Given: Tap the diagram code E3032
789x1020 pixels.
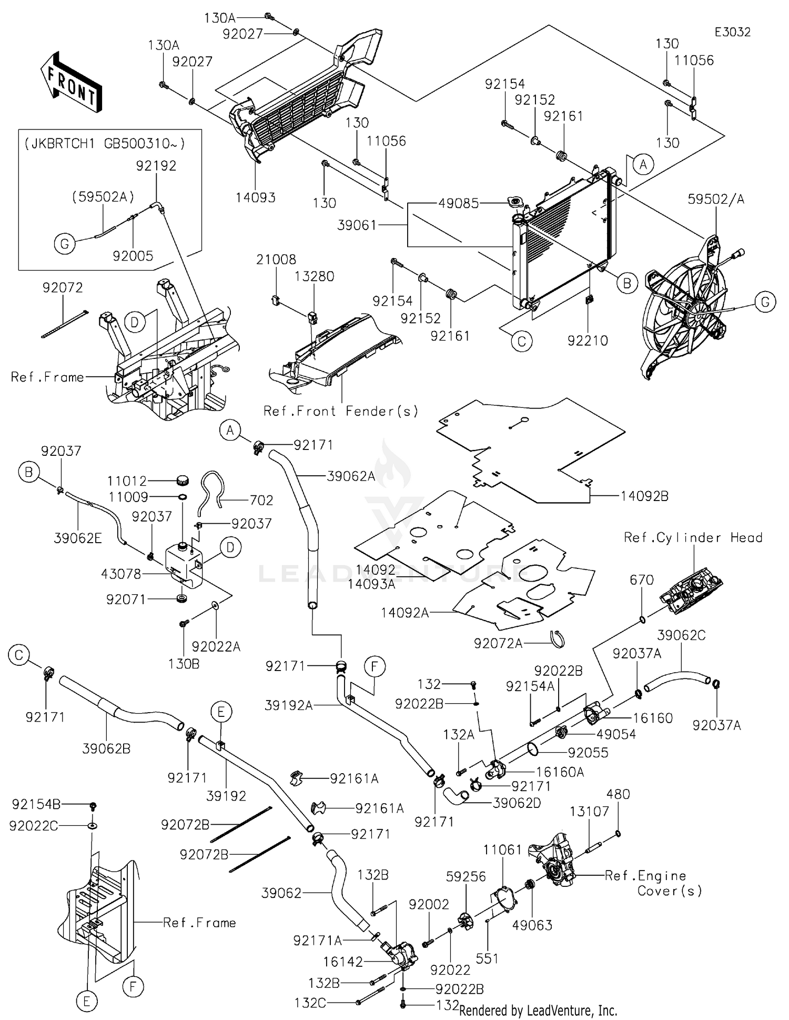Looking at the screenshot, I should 732,32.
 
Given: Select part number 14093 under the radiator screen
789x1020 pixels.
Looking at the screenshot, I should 256,197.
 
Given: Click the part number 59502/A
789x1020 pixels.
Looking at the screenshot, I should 716,199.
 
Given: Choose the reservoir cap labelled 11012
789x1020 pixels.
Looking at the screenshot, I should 182,480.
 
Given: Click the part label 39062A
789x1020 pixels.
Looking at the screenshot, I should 351,476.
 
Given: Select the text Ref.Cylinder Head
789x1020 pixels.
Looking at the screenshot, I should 693,537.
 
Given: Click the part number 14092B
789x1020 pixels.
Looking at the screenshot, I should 644,496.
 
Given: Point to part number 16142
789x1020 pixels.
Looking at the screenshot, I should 343,962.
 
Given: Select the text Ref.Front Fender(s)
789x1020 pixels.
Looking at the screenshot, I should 341,411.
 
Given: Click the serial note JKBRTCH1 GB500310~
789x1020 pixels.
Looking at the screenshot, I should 105,144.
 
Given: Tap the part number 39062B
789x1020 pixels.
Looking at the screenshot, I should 106,748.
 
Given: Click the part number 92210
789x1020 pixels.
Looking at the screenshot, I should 588,341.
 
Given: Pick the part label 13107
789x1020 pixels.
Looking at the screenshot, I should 589,811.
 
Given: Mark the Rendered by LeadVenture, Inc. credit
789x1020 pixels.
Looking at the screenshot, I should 538,1011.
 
